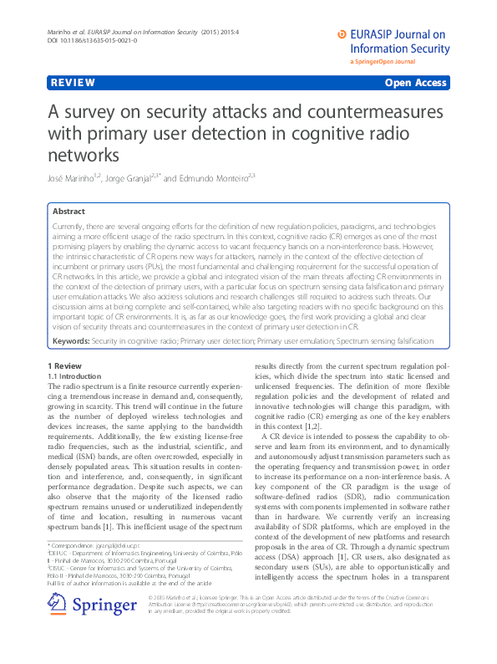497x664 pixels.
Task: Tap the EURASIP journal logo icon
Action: pos(341,34)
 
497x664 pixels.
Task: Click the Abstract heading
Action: pos(68,212)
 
